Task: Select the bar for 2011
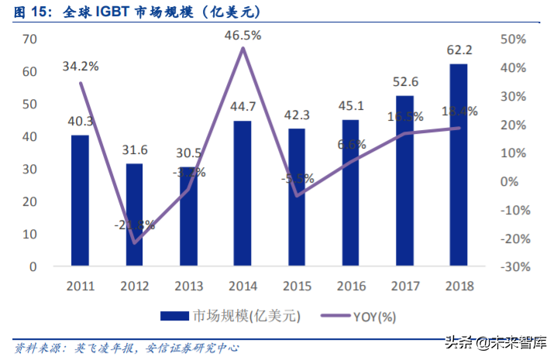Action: pyautogui.click(x=80, y=201)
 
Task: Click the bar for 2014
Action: pyautogui.click(x=242, y=194)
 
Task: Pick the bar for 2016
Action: pyautogui.click(x=351, y=193)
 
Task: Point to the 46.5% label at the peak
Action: pyautogui.click(x=242, y=35)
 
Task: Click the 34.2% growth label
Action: pyautogui.click(x=81, y=67)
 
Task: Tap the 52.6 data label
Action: pyautogui.click(x=405, y=81)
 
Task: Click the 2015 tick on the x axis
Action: pyautogui.click(x=297, y=285)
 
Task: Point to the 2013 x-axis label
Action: pyautogui.click(x=188, y=285)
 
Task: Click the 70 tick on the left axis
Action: pyautogui.click(x=30, y=39)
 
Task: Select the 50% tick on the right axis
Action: pyautogui.click(x=515, y=39)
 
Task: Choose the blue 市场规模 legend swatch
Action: pyautogui.click(x=174, y=316)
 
